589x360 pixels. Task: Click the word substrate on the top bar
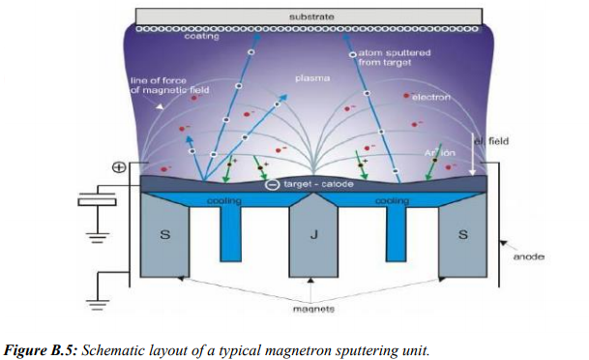[312, 16]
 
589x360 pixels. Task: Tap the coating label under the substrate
[201, 38]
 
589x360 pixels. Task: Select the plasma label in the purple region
[311, 75]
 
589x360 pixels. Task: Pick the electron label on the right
[431, 98]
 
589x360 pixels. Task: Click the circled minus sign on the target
[273, 184]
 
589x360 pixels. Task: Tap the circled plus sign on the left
[119, 167]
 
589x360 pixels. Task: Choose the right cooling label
[392, 200]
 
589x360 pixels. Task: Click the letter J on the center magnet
[311, 235]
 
